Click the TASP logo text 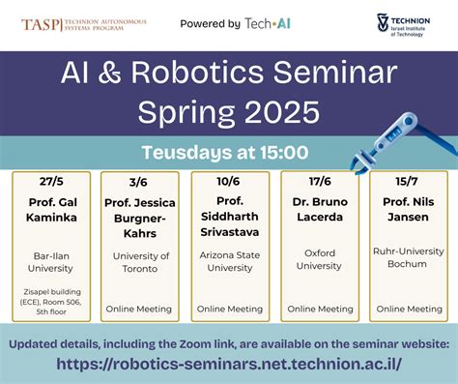coord(41,25)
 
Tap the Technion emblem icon coord(383,22)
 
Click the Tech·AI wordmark coord(268,23)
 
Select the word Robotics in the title coord(197,73)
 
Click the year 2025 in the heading coord(282,112)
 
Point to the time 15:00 coord(284,152)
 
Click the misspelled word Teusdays coord(187,152)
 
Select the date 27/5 coord(51,181)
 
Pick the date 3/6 coord(138,183)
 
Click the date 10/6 coord(228,181)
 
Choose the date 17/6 coord(320,181)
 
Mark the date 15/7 coord(407,181)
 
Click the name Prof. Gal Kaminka coord(52,210)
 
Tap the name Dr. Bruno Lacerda coord(320,209)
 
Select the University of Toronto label coord(141,262)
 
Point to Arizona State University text coord(230,261)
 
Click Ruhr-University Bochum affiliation coord(409,257)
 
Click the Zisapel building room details coord(51,302)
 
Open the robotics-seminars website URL coord(229,364)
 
